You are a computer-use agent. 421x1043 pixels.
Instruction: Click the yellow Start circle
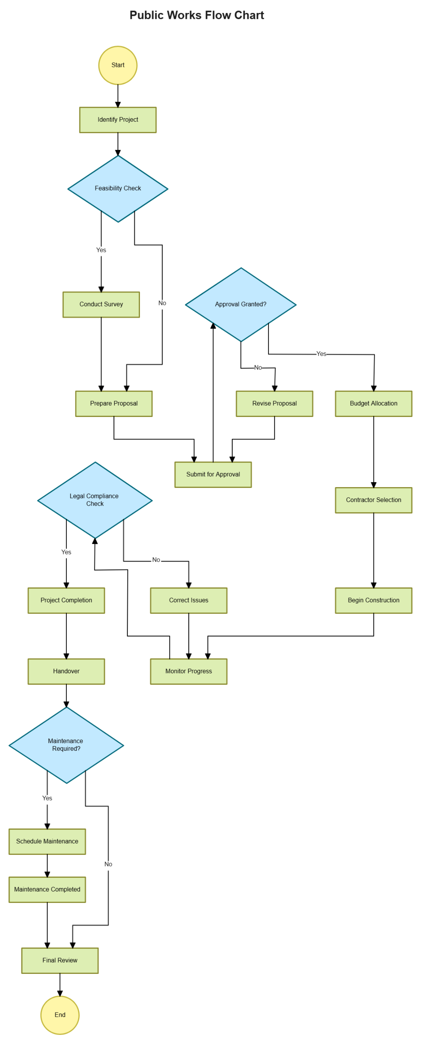point(118,65)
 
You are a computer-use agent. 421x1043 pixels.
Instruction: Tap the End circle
point(60,1015)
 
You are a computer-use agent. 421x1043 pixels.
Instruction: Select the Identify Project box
point(118,120)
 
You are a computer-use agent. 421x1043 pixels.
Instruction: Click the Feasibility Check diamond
point(118,189)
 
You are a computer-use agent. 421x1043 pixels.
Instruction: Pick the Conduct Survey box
point(101,305)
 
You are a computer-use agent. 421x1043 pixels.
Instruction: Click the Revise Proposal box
point(274,404)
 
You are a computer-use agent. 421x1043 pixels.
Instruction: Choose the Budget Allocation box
point(373,404)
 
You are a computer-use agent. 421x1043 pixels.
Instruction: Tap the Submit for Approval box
point(213,474)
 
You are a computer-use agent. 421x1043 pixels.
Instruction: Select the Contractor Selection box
point(373,500)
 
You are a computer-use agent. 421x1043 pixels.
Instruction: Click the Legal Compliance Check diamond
point(95,500)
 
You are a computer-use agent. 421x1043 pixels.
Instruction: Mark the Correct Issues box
point(189,600)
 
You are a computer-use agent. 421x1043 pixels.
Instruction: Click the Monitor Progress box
point(189,671)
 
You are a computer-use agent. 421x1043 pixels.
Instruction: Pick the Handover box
point(66,671)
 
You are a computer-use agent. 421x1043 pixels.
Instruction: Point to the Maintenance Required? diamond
point(66,745)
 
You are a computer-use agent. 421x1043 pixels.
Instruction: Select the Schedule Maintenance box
point(47,841)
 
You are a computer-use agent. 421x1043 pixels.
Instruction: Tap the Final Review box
point(60,961)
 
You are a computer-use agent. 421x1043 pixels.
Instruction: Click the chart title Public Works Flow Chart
point(197,15)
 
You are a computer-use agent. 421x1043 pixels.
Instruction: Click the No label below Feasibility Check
point(162,303)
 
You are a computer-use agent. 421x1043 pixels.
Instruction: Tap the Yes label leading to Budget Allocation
point(321,354)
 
